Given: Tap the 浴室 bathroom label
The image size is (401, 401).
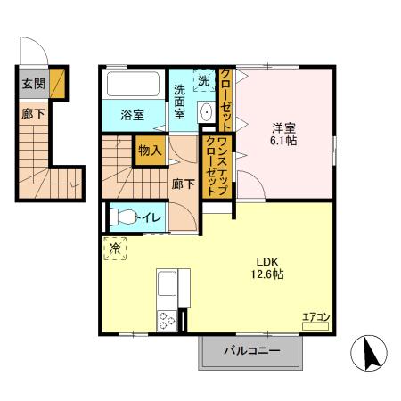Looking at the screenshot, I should (x=132, y=113).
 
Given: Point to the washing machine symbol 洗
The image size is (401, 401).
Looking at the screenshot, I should (x=203, y=79).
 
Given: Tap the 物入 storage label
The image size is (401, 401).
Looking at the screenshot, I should (x=149, y=151).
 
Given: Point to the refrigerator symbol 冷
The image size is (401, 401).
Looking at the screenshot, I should (x=115, y=249).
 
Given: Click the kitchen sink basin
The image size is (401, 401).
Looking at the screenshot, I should (x=167, y=288).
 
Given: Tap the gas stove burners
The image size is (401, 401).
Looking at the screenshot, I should (x=167, y=319).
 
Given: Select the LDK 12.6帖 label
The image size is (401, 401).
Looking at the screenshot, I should (x=269, y=267).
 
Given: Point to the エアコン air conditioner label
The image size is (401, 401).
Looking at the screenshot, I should (x=315, y=315).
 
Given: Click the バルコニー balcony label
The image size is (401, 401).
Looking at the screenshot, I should (x=252, y=351).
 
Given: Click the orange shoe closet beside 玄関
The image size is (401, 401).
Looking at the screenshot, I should (x=57, y=83).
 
